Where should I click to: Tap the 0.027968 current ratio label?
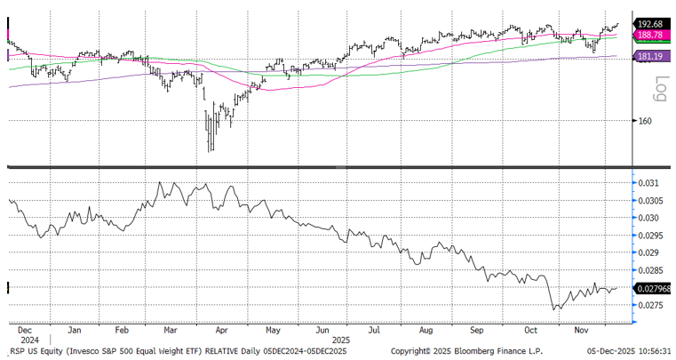click(653, 288)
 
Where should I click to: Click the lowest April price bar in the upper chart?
click(211, 149)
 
